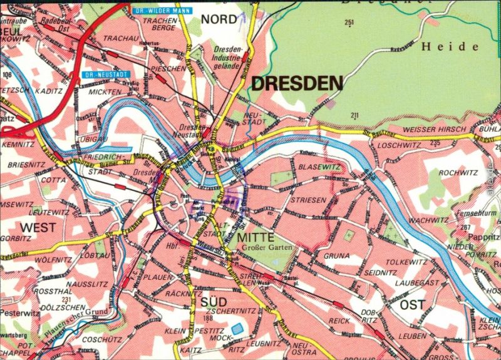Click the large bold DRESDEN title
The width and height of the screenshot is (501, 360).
(297, 83)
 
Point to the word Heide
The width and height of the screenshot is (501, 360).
(450, 46)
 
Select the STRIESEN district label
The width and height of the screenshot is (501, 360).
(307, 200)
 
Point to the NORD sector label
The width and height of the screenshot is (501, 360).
(219, 19)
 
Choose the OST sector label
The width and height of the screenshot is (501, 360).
(412, 305)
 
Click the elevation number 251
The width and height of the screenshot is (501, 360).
(349, 23)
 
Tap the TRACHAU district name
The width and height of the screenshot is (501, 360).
(120, 38)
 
